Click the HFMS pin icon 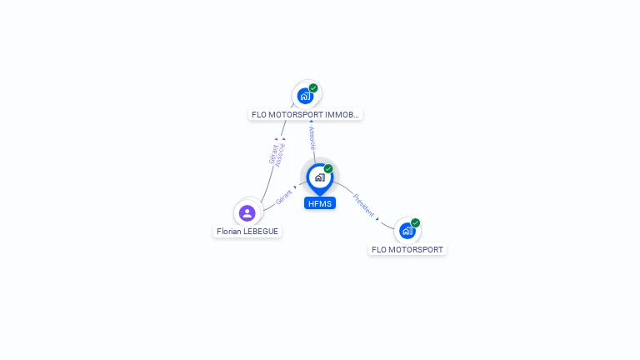click(x=319, y=177)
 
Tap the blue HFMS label click(x=319, y=203)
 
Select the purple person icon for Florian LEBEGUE click(x=247, y=212)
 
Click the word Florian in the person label click(x=230, y=232)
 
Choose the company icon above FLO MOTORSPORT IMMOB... click(x=305, y=95)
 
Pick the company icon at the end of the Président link click(x=407, y=230)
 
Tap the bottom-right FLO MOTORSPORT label click(x=407, y=249)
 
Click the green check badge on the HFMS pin click(x=328, y=169)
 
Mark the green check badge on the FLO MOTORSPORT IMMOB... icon click(x=313, y=87)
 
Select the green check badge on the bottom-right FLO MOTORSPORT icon click(x=415, y=222)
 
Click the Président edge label click(x=363, y=205)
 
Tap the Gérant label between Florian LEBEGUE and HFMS click(x=283, y=197)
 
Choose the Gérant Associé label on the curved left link click(x=277, y=155)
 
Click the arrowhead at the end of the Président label click(x=377, y=218)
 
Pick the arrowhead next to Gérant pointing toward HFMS click(x=295, y=187)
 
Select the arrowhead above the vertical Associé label click(x=311, y=122)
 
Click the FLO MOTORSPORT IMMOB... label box click(x=305, y=115)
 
